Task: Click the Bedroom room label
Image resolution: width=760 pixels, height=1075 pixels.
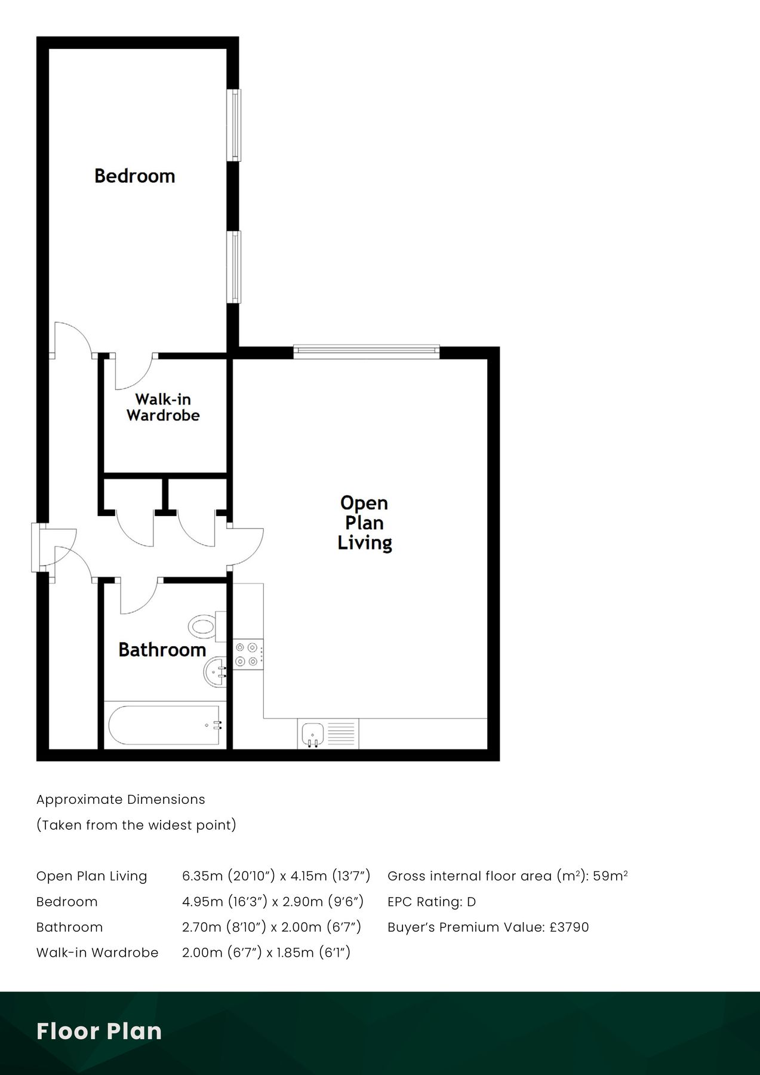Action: click(x=135, y=176)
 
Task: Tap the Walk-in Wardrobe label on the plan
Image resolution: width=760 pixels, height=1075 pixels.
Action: click(x=163, y=407)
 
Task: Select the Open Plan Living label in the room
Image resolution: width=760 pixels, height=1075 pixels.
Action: click(x=365, y=523)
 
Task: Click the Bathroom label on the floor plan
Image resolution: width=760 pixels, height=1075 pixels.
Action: click(x=162, y=650)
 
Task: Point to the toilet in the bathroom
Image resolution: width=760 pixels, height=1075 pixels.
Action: click(x=206, y=626)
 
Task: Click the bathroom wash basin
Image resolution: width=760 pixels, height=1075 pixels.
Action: click(x=216, y=672)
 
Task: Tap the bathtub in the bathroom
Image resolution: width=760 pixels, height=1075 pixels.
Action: click(x=164, y=724)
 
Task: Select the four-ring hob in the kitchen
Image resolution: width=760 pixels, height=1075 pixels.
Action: click(x=248, y=653)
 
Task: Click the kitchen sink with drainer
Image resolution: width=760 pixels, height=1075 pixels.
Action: click(x=328, y=734)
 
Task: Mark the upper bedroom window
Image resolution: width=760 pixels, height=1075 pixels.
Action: click(x=236, y=125)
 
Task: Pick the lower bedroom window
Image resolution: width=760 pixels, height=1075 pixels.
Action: click(x=236, y=267)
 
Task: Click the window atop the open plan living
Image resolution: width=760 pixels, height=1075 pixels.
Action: click(x=367, y=352)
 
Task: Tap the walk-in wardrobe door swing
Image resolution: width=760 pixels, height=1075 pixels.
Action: click(x=134, y=372)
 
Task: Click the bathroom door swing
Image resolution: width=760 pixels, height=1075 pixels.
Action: click(x=139, y=597)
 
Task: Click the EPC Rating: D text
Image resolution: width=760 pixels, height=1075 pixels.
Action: click(x=432, y=902)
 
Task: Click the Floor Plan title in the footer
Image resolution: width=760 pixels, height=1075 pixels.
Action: click(x=99, y=1031)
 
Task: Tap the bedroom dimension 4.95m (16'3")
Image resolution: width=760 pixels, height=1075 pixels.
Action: click(x=223, y=902)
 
